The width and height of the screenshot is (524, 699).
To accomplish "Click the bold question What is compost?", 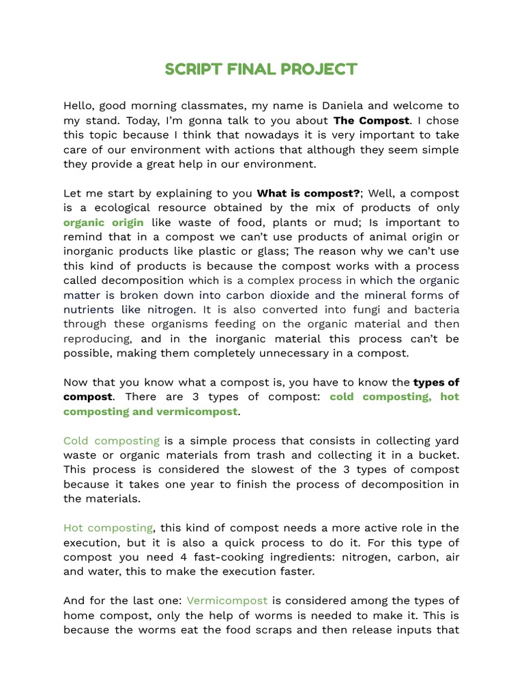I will (308, 193).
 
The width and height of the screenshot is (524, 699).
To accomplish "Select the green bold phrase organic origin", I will (103, 223).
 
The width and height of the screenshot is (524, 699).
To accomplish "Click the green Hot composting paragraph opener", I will (108, 528).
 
